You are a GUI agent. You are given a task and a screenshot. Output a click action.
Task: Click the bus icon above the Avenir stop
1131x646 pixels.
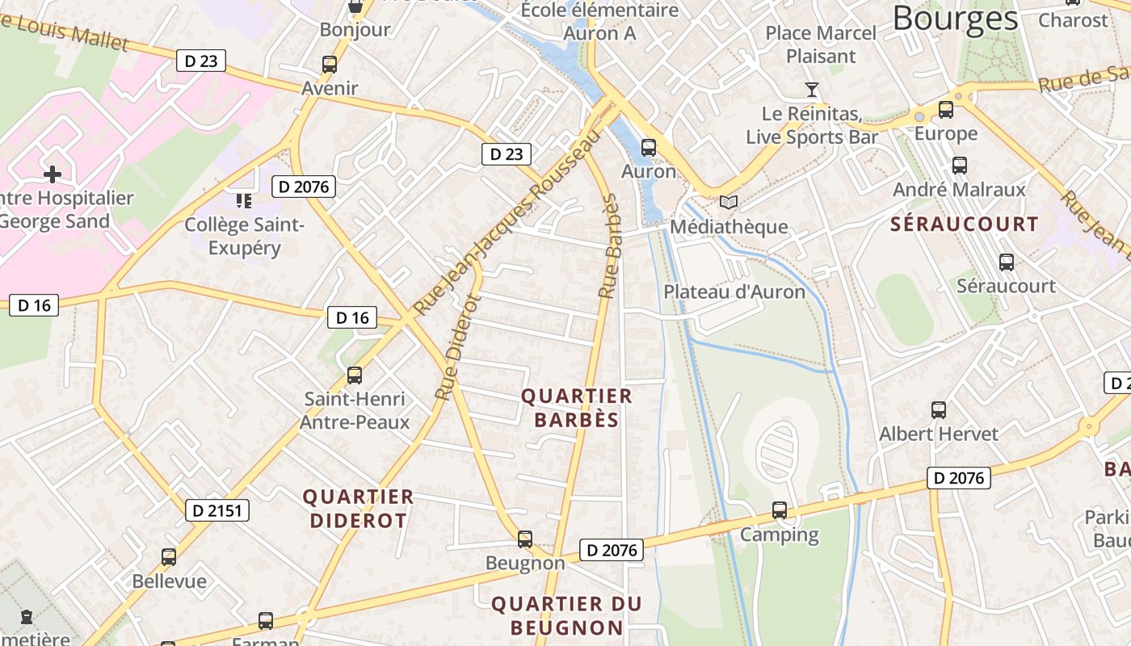329,65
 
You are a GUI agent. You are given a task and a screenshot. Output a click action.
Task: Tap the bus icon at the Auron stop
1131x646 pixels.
648,148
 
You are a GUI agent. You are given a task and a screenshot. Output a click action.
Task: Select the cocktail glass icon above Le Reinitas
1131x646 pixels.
812,89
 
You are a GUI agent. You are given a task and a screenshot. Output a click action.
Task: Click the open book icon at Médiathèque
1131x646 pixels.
728,203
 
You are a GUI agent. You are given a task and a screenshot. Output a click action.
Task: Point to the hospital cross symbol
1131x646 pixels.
53,174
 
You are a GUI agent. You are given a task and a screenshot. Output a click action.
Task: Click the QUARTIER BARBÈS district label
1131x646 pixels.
576,408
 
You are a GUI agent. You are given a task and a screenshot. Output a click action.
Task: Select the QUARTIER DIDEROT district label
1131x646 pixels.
358,508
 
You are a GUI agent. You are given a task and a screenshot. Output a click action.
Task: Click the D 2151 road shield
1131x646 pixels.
217,510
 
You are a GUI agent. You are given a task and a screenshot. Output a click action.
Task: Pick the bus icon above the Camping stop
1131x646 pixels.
779,510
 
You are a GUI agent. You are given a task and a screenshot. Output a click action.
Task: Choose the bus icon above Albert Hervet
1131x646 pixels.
938,410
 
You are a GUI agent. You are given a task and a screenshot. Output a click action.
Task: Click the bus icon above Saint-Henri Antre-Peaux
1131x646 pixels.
354,375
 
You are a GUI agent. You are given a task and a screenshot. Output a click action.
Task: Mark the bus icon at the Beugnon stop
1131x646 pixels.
525,539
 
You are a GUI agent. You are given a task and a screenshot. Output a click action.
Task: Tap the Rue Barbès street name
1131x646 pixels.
609,246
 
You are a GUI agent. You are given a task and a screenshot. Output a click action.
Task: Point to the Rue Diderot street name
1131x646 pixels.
458,347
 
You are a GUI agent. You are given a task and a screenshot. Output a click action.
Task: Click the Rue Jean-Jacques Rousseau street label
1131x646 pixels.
508,224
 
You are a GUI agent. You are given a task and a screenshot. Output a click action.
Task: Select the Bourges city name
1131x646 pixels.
955,18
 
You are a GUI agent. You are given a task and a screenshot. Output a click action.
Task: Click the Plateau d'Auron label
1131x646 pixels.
734,292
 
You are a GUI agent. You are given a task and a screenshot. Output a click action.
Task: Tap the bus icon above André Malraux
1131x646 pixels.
959,166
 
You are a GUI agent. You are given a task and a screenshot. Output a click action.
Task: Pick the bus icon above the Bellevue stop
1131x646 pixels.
168,557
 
